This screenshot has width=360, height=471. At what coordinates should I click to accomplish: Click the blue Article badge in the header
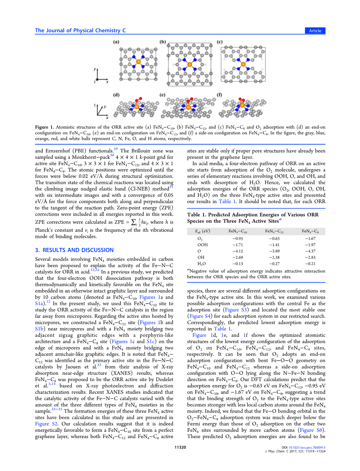click(315, 31)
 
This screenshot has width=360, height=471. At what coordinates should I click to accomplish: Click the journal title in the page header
click(80, 31)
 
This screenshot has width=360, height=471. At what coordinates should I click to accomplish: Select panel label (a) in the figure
click(116, 42)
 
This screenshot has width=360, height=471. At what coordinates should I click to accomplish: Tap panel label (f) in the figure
click(220, 95)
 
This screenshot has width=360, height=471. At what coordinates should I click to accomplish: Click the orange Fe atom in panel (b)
click(190, 64)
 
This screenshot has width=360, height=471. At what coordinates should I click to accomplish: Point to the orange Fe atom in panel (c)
click(243, 64)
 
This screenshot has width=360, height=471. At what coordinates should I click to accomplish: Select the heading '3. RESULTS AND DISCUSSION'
click(74, 250)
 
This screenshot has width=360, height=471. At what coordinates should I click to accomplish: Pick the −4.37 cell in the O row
click(310, 251)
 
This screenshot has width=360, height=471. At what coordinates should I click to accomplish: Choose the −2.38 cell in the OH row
click(274, 258)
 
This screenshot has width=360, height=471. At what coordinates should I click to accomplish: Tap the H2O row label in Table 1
click(201, 264)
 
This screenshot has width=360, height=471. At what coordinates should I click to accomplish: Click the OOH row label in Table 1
click(203, 245)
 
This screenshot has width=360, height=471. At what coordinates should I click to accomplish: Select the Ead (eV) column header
click(203, 231)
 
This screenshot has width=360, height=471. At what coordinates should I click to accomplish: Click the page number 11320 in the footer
click(180, 447)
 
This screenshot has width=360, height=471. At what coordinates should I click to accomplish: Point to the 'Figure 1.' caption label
click(44, 127)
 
